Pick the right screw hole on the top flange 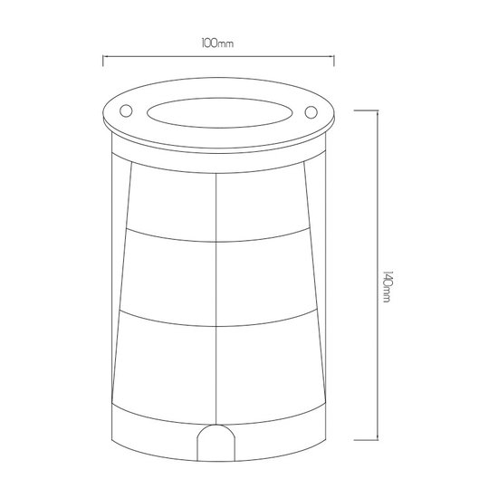pyautogui.click(x=310, y=112)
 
